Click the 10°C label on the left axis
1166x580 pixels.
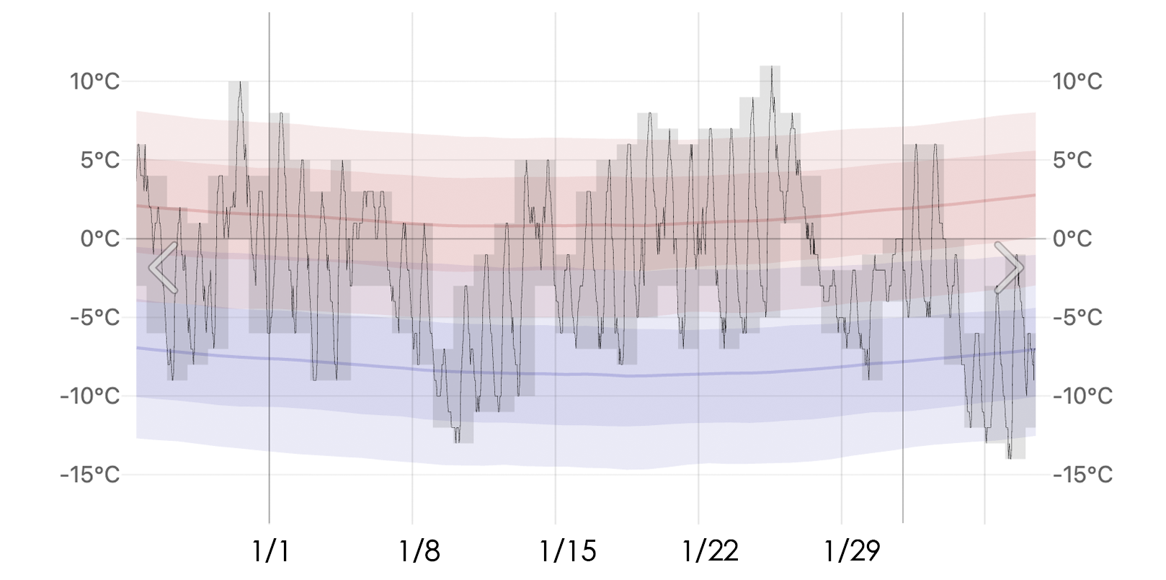(94, 81)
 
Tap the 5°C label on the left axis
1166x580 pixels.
(100, 160)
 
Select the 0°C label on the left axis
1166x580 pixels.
(100, 238)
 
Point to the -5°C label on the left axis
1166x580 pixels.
(94, 317)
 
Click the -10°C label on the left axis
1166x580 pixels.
(90, 396)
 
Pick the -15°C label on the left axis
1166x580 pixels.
(90, 474)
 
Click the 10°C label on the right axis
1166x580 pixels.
(1077, 81)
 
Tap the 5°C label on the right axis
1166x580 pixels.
(1072, 160)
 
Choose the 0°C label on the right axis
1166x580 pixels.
(1072, 238)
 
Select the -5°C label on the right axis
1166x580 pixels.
(1077, 317)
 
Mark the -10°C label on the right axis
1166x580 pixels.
(1082, 396)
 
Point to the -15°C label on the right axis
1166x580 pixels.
(1082, 474)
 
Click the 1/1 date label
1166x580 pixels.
(271, 551)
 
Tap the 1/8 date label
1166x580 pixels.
(419, 551)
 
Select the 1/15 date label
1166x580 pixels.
(568, 551)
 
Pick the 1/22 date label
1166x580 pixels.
(711, 551)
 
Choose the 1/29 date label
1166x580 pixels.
(853, 551)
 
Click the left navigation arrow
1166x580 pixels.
(164, 267)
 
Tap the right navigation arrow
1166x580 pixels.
(1009, 267)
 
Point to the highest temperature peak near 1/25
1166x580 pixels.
(770, 68)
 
